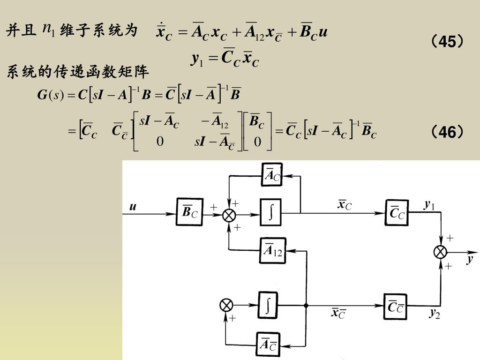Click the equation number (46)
[x=448, y=133]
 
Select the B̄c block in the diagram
[x=189, y=214]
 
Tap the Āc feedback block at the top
[x=272, y=176]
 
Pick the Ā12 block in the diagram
[x=272, y=250]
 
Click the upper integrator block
[x=270, y=214]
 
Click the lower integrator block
[x=268, y=306]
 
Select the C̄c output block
[x=397, y=214]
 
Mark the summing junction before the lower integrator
[x=226, y=306]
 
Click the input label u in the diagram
[x=133, y=206]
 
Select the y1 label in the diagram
[x=429, y=205]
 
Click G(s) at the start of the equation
[x=50, y=96]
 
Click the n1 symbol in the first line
[x=49, y=30]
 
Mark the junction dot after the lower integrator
[x=306, y=306]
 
